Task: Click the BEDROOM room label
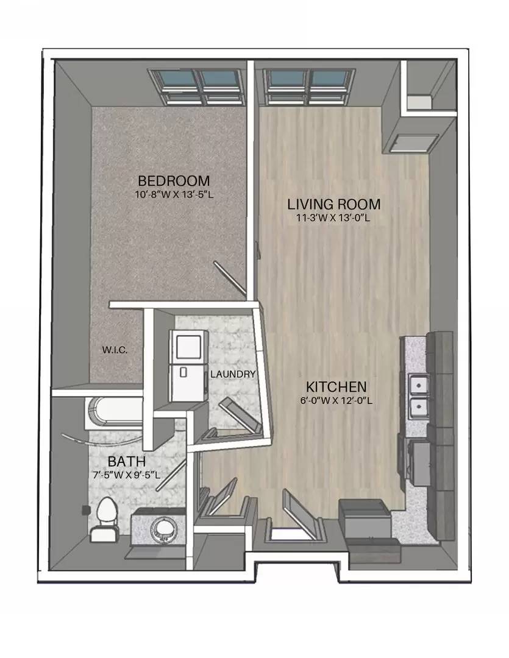point(174,181)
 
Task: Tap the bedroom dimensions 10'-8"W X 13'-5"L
point(172,195)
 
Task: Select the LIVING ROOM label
point(334,204)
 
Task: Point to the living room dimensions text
point(333,218)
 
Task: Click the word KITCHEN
point(336,386)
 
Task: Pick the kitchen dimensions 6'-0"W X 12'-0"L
point(336,400)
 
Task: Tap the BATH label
point(126,462)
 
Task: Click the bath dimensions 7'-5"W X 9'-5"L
point(126,475)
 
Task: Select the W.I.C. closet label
point(115,350)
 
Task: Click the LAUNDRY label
point(233,374)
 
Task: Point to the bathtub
point(114,413)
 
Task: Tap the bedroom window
point(196,87)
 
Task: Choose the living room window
point(309,87)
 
